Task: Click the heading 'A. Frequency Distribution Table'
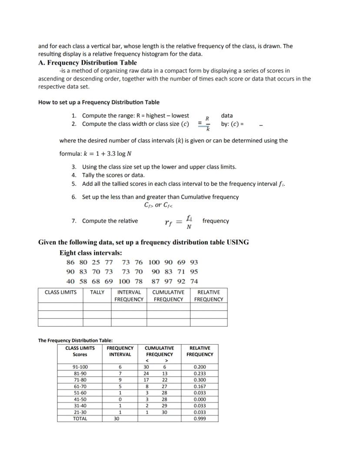click(87, 63)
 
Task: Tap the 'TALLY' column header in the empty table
click(97, 292)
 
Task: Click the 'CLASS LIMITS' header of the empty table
click(60, 292)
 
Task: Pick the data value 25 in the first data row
click(96, 262)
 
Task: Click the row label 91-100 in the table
click(80, 367)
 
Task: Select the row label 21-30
click(80, 412)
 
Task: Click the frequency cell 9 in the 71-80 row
click(120, 380)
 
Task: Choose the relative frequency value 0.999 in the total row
click(200, 419)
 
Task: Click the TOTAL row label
click(80, 419)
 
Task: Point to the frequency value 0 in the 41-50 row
click(120, 399)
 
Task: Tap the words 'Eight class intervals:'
click(90, 253)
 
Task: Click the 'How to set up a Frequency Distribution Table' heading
click(99, 102)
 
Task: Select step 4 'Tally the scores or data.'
click(113, 175)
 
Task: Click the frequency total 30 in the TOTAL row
click(116, 419)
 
